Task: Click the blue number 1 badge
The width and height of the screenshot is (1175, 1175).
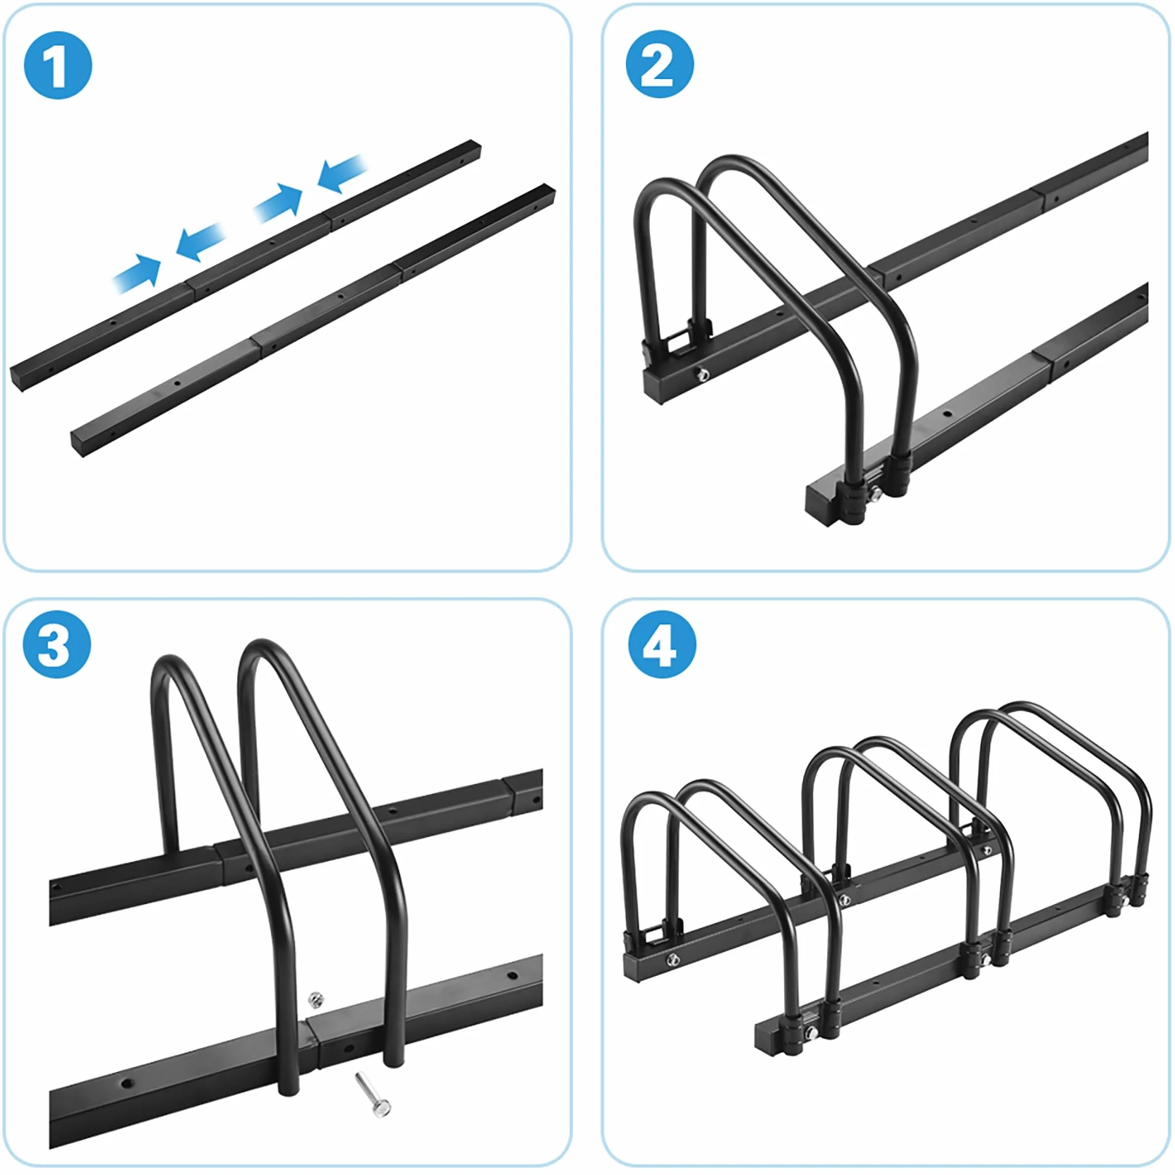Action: (x=58, y=65)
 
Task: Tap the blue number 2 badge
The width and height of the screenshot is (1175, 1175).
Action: (x=660, y=64)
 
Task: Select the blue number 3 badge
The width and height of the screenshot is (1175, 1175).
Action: (x=56, y=644)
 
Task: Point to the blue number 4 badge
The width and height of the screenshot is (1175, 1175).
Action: (x=662, y=644)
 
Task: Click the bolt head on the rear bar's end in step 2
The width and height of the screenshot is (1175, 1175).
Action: (x=704, y=373)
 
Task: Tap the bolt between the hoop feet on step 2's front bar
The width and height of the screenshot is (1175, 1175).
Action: (x=876, y=493)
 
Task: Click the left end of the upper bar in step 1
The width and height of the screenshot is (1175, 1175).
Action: (x=16, y=378)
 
